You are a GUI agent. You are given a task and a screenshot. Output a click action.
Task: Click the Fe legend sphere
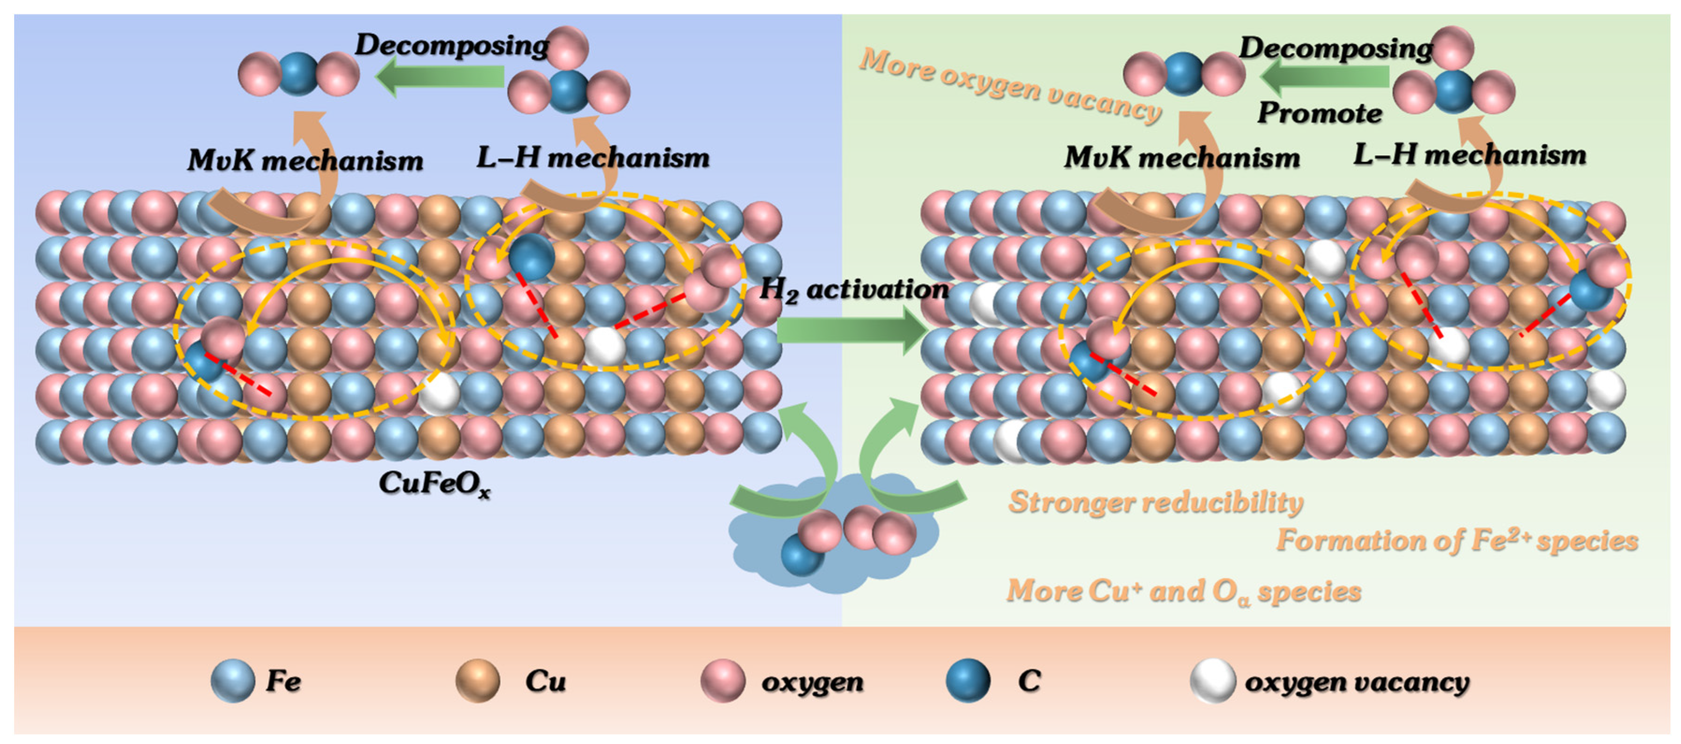(x=233, y=681)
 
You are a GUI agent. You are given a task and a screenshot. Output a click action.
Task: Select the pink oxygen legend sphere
(x=723, y=681)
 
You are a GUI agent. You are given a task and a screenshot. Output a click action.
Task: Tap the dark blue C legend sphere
(x=968, y=681)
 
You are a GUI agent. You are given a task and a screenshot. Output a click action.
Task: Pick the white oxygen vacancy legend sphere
(x=1212, y=681)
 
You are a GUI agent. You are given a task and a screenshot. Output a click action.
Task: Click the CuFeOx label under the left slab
(x=434, y=484)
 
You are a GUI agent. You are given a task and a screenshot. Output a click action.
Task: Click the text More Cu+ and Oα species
(x=1183, y=591)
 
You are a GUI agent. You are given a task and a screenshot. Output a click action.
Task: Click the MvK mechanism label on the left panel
(x=305, y=160)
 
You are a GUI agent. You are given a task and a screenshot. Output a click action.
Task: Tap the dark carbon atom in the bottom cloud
(x=802, y=555)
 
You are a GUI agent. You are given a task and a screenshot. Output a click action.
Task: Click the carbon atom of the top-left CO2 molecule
(x=298, y=74)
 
